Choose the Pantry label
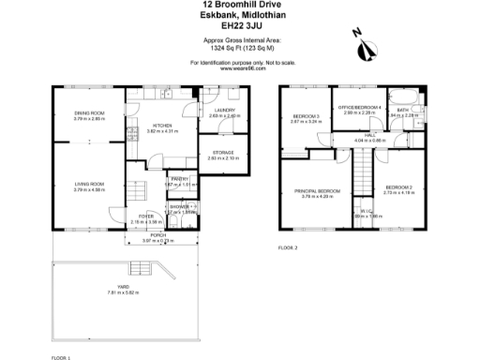180,178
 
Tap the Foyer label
146,216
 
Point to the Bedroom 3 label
306,116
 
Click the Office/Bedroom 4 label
360,108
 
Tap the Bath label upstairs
402,110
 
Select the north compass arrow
356,34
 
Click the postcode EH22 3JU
240,26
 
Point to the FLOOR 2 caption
289,247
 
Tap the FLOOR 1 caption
61,356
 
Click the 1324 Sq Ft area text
240,50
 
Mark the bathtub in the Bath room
404,97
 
